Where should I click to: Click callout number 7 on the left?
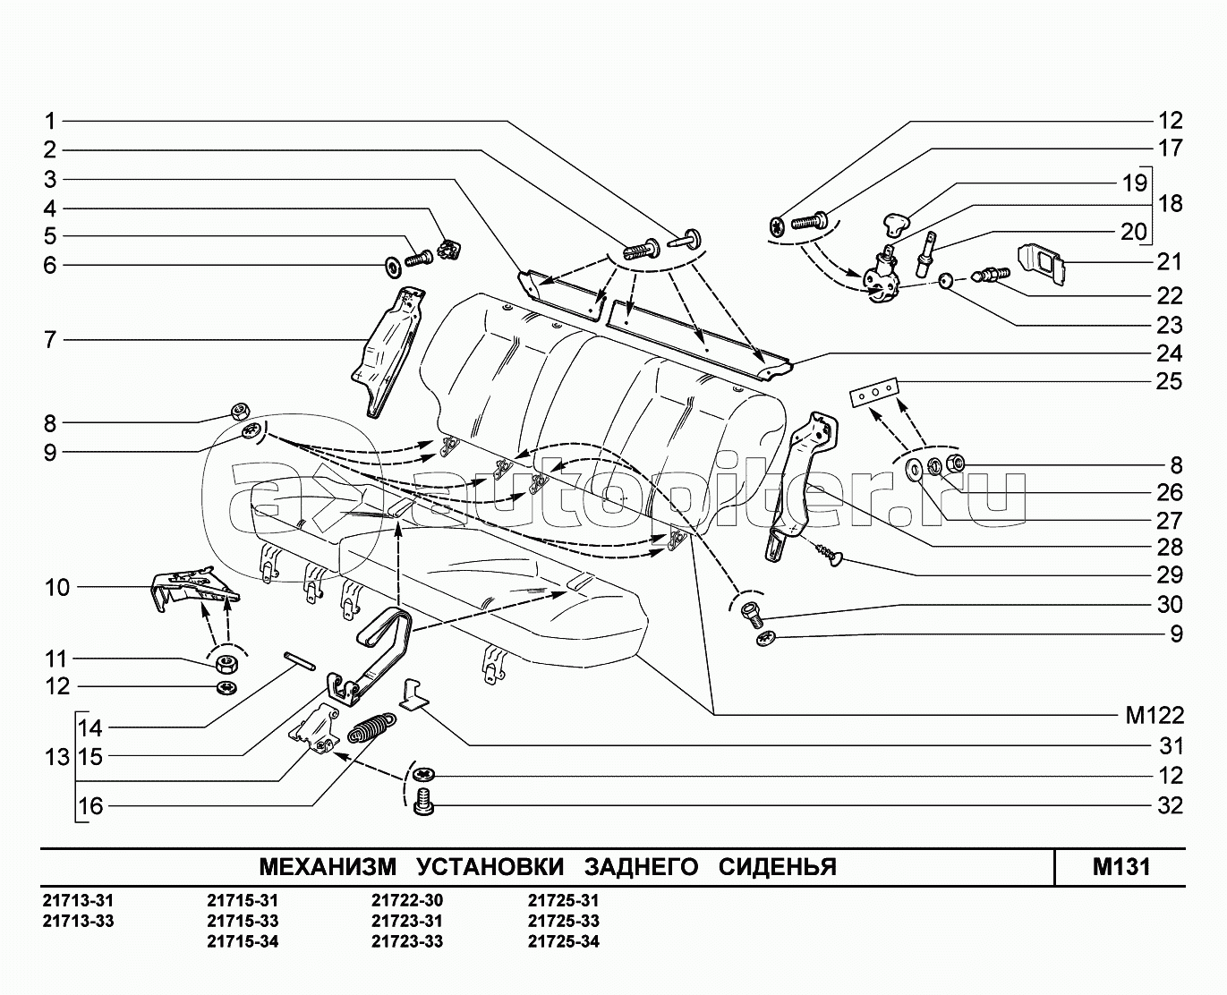[50, 340]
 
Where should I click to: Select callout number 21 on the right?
[1169, 262]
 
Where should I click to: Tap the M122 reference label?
[1154, 716]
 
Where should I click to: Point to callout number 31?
[1170, 746]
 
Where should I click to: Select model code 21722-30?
[407, 901]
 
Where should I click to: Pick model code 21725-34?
[563, 941]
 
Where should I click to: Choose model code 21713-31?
[79, 901]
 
